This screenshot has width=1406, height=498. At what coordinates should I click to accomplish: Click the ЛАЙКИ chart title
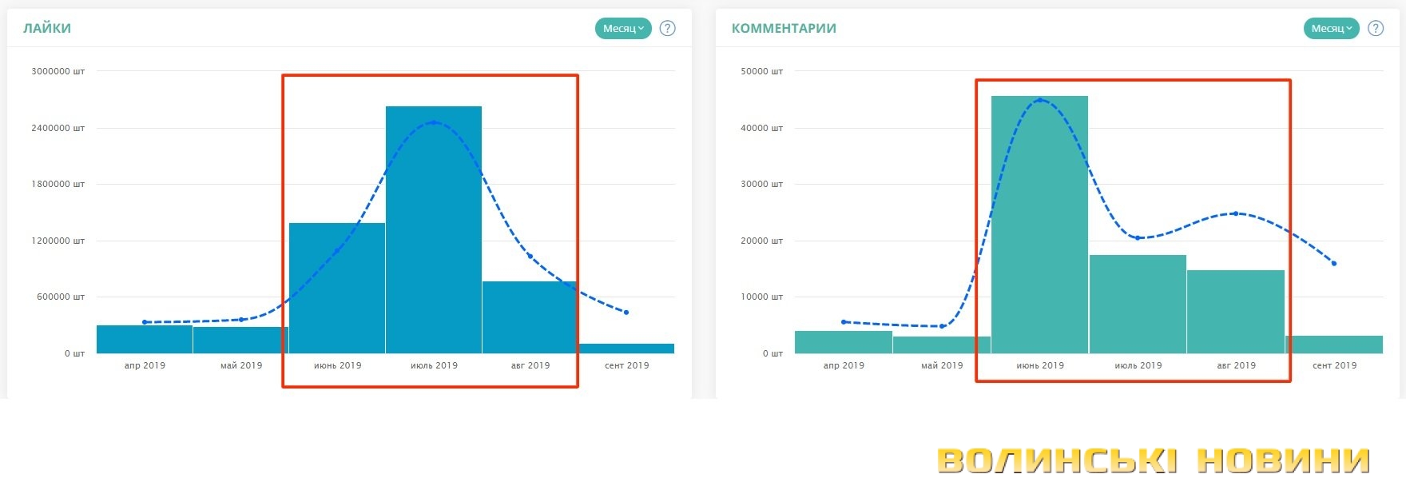pos(47,29)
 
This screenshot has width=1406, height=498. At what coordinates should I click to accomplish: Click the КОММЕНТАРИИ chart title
pos(784,29)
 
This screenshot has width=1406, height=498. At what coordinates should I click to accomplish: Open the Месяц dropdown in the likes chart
pos(623,29)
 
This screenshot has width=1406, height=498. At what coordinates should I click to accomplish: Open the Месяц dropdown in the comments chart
pos(1332,29)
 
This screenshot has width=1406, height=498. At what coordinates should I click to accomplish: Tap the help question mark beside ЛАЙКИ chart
pos(668,29)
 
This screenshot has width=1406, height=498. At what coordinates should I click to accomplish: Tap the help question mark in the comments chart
pos(1376,29)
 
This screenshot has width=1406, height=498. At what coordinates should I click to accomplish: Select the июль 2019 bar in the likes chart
pos(434,240)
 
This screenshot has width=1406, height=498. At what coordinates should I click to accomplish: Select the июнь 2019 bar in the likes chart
pos(337,296)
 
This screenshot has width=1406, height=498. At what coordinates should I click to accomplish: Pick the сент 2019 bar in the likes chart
pos(627,349)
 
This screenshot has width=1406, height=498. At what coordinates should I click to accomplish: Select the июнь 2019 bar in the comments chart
pos(1039,232)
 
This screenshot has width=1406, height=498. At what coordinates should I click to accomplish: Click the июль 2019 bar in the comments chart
pos(1138,308)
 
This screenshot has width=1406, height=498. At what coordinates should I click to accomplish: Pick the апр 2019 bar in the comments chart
pos(844,342)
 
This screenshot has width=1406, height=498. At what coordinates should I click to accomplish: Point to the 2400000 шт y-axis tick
pos(58,128)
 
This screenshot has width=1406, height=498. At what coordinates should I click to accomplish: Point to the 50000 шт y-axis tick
pos(761,71)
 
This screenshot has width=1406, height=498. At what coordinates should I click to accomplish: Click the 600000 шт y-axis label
pos(60,297)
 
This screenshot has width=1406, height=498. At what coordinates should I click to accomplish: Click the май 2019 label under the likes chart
pos(241,365)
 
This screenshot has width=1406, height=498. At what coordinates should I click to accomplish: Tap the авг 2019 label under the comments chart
pos(1236,365)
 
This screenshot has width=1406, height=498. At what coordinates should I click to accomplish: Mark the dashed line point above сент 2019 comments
pos(1334,264)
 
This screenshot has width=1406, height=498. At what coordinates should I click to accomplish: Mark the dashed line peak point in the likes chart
pos(434,122)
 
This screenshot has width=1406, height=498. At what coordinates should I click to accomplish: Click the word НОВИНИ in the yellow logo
pos(1283,461)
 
